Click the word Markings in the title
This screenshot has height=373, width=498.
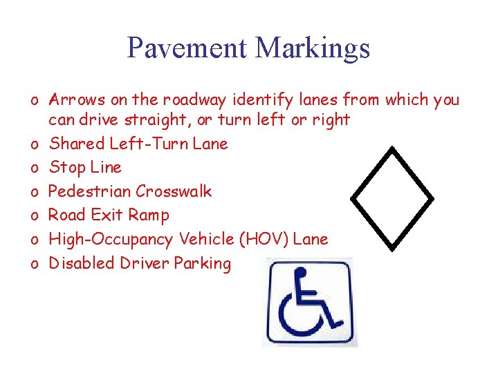tap(313, 48)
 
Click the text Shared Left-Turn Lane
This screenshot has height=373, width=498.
tap(138, 144)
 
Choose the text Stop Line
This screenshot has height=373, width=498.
tap(85, 167)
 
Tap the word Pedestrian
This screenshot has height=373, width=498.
tap(90, 191)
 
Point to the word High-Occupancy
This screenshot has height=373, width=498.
tap(111, 240)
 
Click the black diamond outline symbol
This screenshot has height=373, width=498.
tap(392, 198)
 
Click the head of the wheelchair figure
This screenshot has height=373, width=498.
tap(300, 273)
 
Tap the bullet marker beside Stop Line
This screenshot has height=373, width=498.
tap(33, 168)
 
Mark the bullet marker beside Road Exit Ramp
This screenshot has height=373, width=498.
tap(33, 216)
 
